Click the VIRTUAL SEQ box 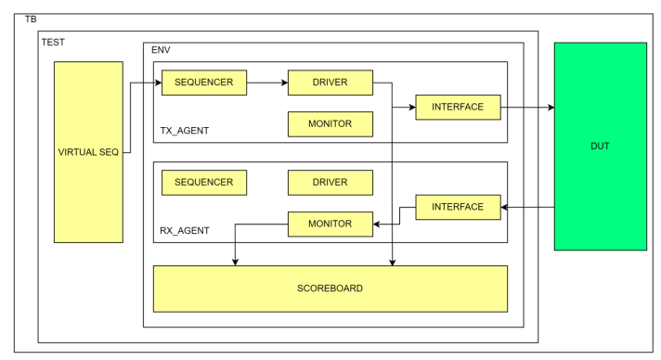point(88,152)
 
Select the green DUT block point(600,146)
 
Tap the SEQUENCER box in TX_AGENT point(203,83)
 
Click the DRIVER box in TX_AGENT point(330,83)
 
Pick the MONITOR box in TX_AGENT point(330,123)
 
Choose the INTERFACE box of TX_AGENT point(458,107)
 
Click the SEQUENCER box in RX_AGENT point(203,182)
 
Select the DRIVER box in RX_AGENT point(330,182)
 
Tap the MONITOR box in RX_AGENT point(330,224)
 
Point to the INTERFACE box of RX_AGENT point(458,206)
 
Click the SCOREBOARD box point(330,288)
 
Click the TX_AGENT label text point(186,131)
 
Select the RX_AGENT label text point(186,230)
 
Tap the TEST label point(54,41)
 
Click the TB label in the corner point(30,19)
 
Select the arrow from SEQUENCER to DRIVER point(266,83)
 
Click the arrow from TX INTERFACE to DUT point(527,107)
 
